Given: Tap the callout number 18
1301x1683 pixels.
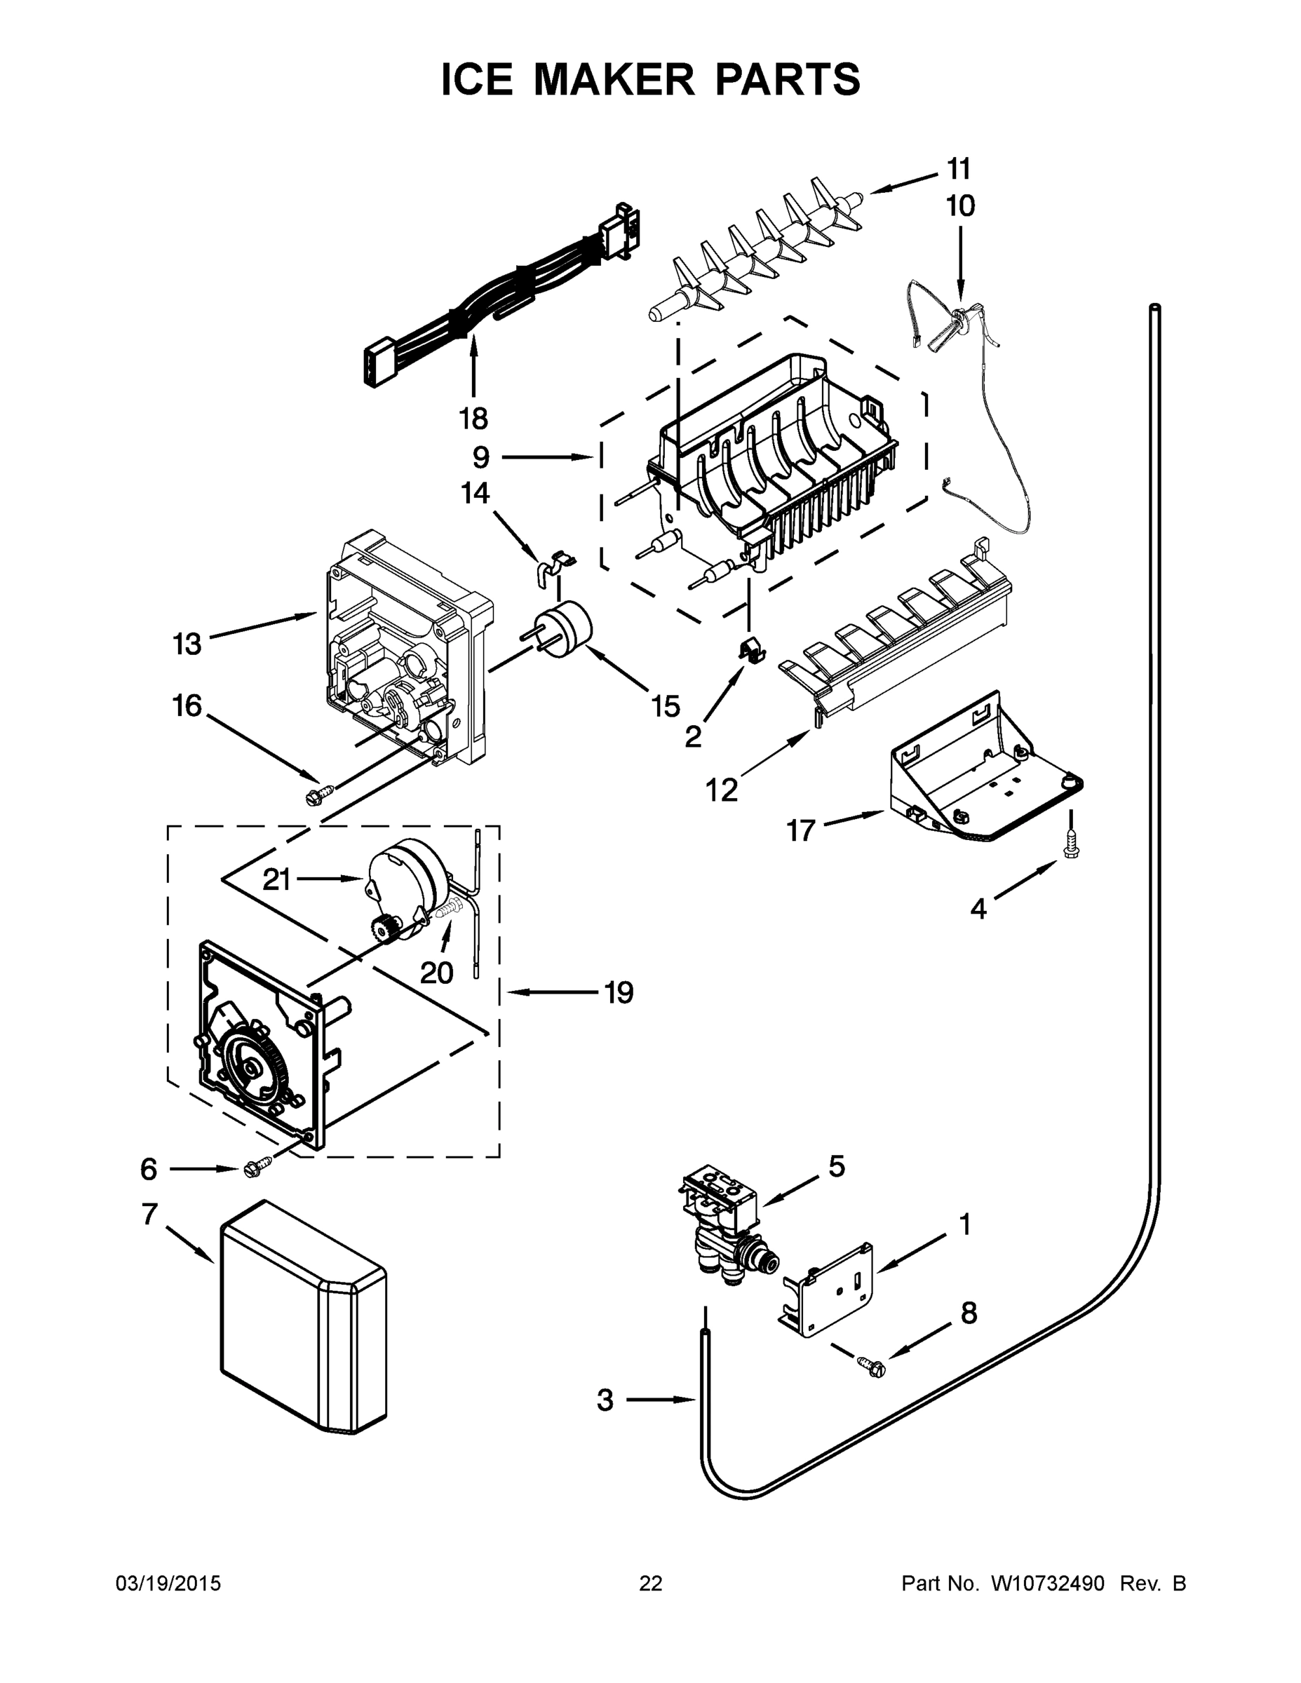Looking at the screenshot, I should pyautogui.click(x=473, y=419).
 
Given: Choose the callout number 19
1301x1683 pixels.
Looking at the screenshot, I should pyautogui.click(x=619, y=992).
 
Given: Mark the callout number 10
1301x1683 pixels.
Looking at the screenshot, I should pyautogui.click(x=960, y=205).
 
